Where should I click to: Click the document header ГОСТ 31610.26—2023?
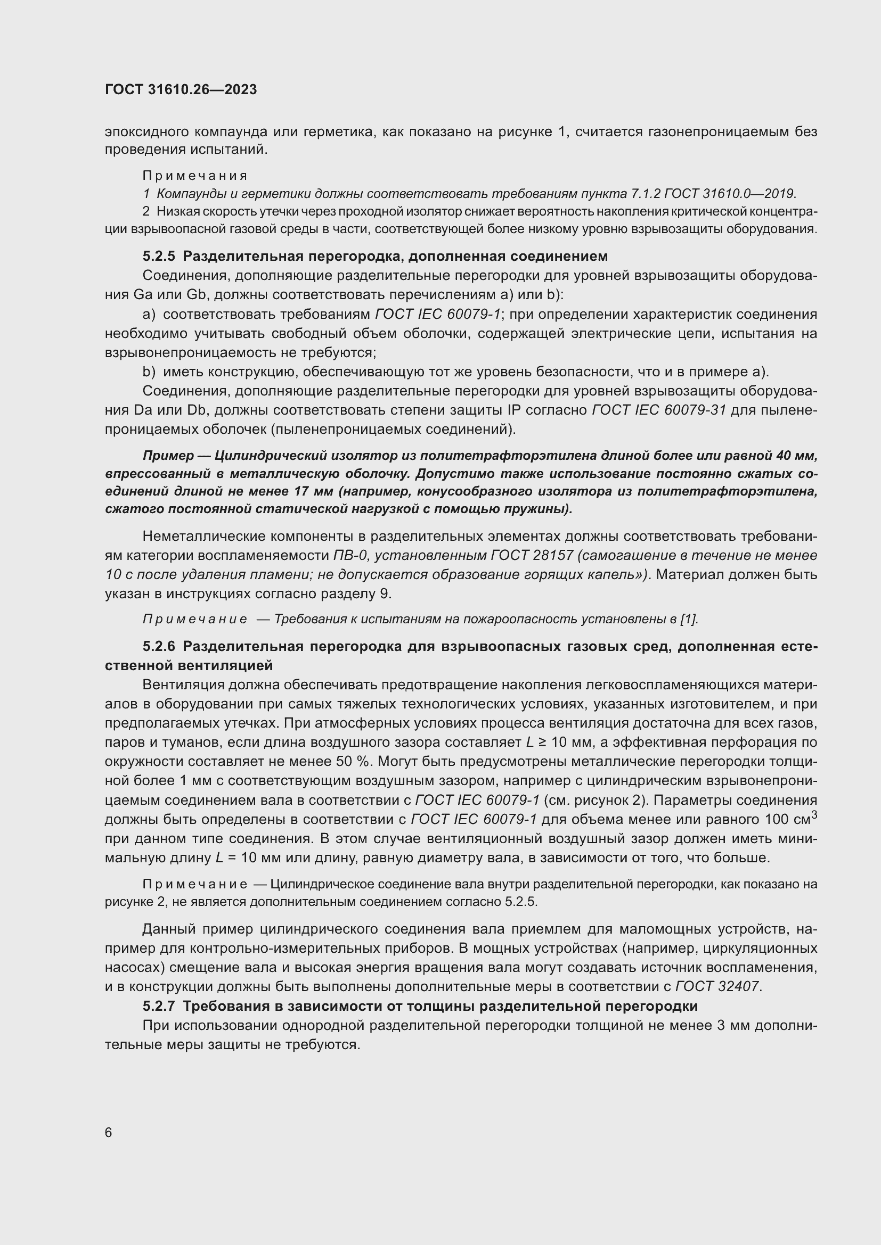click(x=181, y=90)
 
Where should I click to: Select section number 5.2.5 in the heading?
click(x=159, y=256)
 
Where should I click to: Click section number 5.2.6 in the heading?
click(x=159, y=646)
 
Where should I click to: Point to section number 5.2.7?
click(x=159, y=1007)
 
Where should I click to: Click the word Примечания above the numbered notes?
click(x=195, y=176)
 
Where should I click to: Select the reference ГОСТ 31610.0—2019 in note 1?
click(x=729, y=194)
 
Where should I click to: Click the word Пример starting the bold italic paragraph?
click(x=165, y=456)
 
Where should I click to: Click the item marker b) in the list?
click(x=149, y=372)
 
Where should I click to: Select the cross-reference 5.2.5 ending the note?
click(x=521, y=902)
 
